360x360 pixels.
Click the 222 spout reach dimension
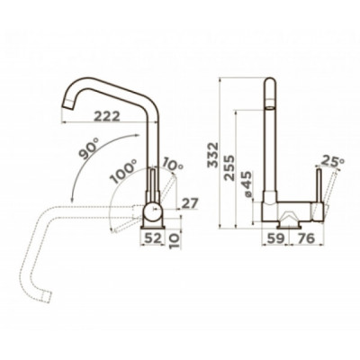tap(107, 116)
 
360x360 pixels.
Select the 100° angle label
tap(123, 171)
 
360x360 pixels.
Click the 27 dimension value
tap(190, 203)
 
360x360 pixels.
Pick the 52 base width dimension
tap(153, 238)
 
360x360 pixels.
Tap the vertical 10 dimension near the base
tap(175, 240)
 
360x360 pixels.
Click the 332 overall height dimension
tap(213, 155)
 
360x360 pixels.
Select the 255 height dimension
tap(229, 167)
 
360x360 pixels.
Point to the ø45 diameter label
tap(247, 184)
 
